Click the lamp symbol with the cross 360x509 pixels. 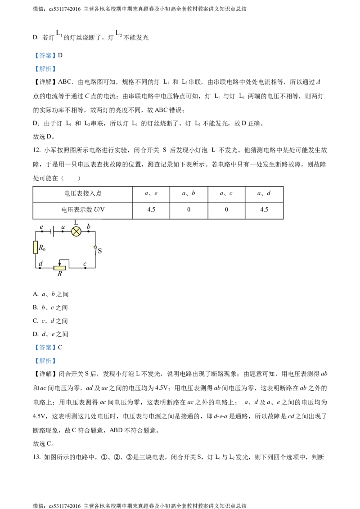click(76, 231)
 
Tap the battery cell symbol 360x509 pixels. click(53, 231)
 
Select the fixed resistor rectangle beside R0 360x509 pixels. click(36, 247)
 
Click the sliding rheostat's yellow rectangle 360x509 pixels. click(59, 268)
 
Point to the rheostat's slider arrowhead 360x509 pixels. click(59, 264)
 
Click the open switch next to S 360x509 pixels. click(95, 250)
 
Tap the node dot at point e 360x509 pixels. click(42, 231)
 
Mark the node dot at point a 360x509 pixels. click(63, 231)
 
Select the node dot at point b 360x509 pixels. click(88, 231)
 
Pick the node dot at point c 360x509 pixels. click(85, 268)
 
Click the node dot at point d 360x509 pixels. click(40, 268)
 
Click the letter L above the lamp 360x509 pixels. click(76, 223)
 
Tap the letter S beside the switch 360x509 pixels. click(99, 251)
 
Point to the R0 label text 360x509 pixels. click(42, 247)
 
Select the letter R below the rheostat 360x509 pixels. click(59, 273)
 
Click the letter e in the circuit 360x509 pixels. click(41, 227)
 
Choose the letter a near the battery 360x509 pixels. click(63, 227)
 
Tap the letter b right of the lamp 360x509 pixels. click(88, 226)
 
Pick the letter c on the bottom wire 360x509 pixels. click(85, 263)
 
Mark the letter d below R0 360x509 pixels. click(40, 263)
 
